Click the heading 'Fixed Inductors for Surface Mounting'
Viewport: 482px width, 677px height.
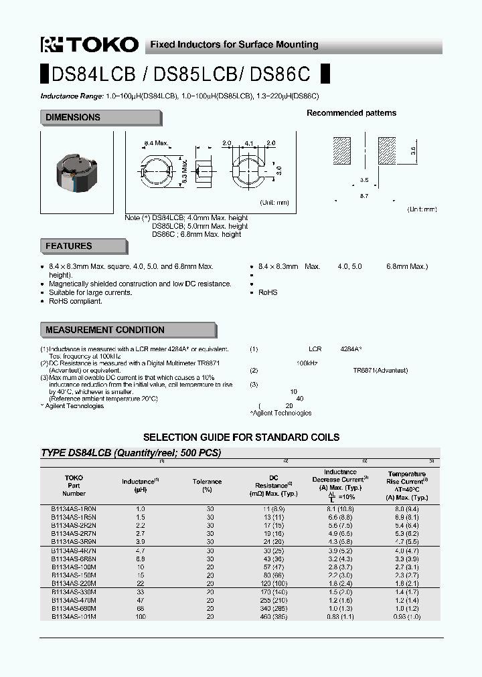click(x=234, y=45)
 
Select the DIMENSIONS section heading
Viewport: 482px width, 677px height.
click(x=73, y=118)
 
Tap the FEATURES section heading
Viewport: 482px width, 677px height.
click(x=69, y=246)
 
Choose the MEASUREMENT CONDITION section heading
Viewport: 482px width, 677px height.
click(x=105, y=330)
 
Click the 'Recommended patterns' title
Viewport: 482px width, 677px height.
click(x=351, y=113)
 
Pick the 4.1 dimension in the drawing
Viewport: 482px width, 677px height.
click(x=249, y=143)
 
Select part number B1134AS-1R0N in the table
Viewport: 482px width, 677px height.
click(x=74, y=509)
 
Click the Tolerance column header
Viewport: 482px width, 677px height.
click(x=207, y=486)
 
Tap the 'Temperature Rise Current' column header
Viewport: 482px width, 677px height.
click(x=407, y=478)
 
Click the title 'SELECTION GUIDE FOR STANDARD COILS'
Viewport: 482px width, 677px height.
click(x=241, y=437)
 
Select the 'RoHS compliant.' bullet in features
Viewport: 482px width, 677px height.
click(x=75, y=301)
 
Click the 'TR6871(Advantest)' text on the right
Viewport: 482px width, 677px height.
click(x=380, y=370)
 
